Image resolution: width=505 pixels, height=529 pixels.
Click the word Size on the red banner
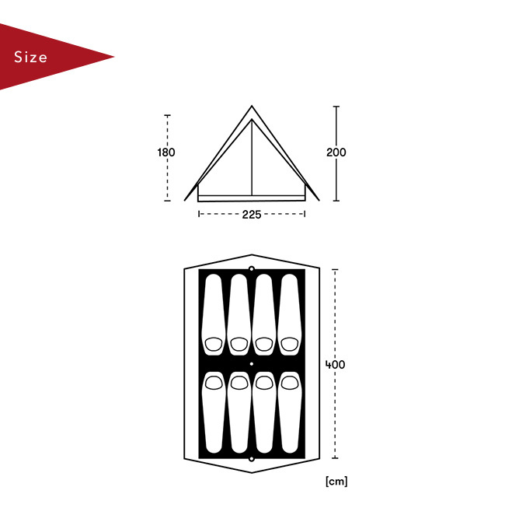pos(30,57)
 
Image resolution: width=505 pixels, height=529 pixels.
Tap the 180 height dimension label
pos(166,152)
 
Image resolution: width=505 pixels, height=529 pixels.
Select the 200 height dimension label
pos(336,152)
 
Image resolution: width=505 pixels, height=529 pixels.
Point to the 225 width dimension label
pos(252,215)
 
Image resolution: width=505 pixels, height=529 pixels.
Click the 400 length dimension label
pos(335,364)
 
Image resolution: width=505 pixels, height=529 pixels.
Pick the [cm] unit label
pos(336,481)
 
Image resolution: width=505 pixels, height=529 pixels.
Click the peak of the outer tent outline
pos(252,106)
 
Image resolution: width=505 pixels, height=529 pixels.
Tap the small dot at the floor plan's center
pos(252,364)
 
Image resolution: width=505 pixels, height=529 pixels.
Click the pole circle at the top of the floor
pos(252,269)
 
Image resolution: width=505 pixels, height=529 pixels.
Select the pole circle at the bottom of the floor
pos(252,459)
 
